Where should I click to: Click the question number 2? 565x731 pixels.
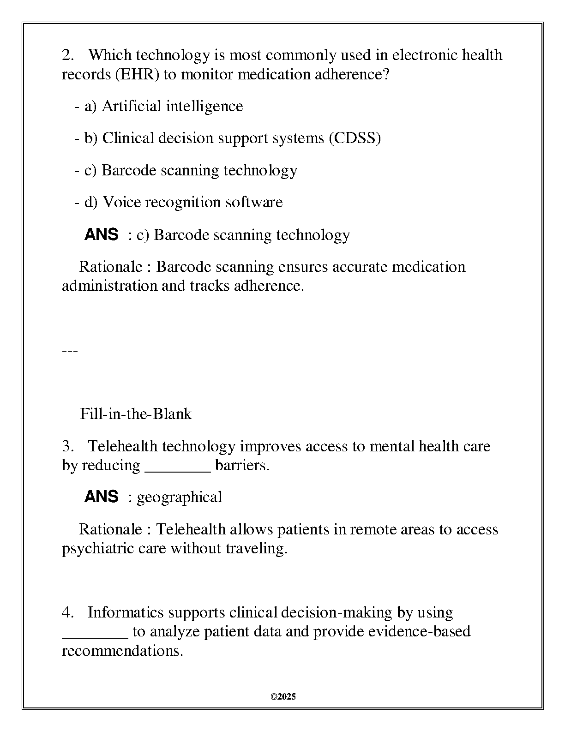click(x=67, y=55)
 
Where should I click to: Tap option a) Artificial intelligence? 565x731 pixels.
click(x=163, y=106)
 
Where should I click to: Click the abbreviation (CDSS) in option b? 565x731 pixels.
click(x=355, y=138)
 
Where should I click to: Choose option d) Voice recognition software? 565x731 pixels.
click(x=183, y=202)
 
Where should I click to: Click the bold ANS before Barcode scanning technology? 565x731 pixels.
click(x=101, y=234)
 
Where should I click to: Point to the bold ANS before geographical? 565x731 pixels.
click(x=101, y=497)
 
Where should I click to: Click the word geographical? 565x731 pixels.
click(x=180, y=497)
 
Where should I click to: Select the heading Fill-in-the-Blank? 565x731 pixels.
click(x=136, y=414)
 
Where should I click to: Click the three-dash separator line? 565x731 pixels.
click(x=70, y=350)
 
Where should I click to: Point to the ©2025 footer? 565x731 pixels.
click(x=283, y=697)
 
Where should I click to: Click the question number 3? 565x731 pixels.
click(x=67, y=446)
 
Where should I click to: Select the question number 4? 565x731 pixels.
click(x=67, y=612)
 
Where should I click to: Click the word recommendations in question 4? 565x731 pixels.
click(x=122, y=651)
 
